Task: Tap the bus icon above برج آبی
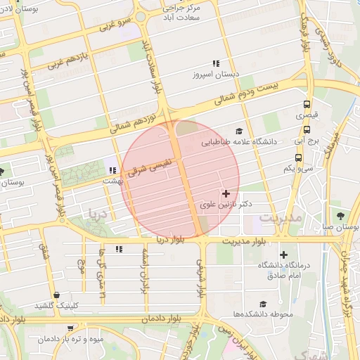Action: pos(307,129)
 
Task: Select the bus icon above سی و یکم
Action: pos(307,157)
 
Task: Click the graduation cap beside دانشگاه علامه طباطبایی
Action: pos(239,131)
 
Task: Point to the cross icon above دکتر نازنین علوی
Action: pos(225,193)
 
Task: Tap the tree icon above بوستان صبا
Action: pos(341,216)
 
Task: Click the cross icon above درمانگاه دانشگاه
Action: pos(283,255)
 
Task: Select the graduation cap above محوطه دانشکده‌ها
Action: pos(263,304)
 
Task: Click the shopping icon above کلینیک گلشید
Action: pos(56,295)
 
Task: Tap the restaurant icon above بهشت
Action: pos(112,169)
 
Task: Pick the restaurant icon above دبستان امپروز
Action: pos(216,63)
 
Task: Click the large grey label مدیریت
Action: pos(280,218)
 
